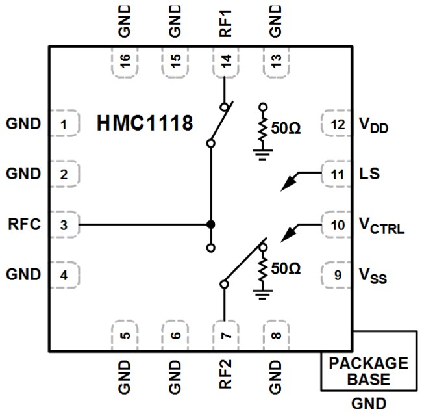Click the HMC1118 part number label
click(x=145, y=123)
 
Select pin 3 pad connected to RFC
click(x=63, y=226)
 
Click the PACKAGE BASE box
click(x=368, y=371)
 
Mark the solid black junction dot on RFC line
click(x=210, y=225)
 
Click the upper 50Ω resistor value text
click(x=286, y=129)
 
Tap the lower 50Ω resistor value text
click(x=286, y=268)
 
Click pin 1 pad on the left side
click(x=63, y=123)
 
